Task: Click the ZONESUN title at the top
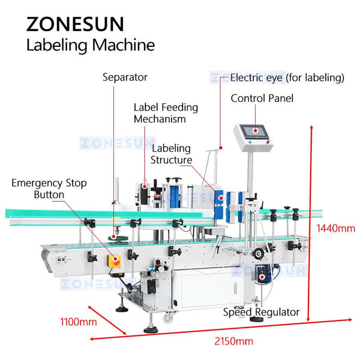pos(75,24)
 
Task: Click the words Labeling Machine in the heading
pos(91,45)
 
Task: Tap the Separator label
pos(124,77)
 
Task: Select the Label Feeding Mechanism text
pos(166,113)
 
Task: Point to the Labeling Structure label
pos(171,154)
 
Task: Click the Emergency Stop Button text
pos(49,188)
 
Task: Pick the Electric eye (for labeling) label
pos(287,77)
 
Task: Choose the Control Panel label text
pos(262,98)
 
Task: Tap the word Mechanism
pos(160,118)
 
